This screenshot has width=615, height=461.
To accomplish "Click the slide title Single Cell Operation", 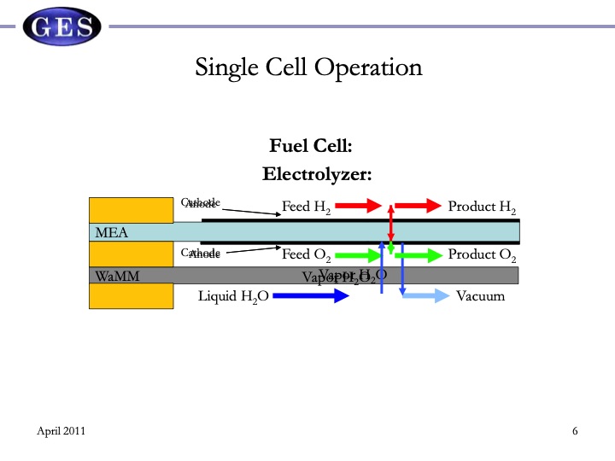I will click(308, 67).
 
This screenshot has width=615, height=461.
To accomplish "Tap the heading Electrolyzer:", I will click(317, 173).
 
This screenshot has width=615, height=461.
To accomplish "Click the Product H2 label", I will click(483, 207).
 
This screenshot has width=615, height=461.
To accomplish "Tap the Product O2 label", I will click(483, 254).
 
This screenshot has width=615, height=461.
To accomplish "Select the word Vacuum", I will click(480, 296).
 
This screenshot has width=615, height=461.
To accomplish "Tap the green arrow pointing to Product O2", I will click(419, 254).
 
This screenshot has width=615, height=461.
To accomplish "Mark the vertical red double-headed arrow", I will click(390, 230).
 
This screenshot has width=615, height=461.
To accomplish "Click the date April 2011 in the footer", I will click(61, 431).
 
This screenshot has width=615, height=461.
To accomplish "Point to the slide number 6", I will click(575, 431).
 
